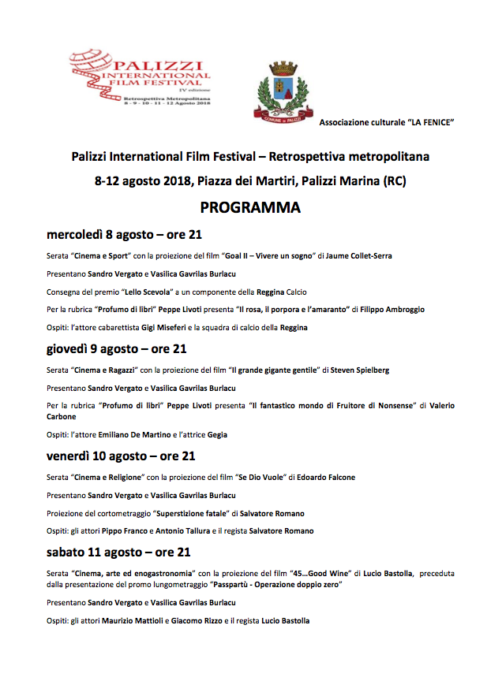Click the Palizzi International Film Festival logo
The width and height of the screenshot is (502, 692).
[x=140, y=76]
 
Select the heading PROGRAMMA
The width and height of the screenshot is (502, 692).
[x=250, y=207]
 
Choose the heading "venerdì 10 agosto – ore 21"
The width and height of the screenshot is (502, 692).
[x=122, y=456]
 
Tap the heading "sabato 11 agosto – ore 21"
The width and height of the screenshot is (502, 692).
[x=118, y=552]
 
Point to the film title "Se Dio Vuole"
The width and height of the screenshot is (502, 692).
[x=262, y=478]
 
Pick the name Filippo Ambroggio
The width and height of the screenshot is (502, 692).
[x=388, y=310]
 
